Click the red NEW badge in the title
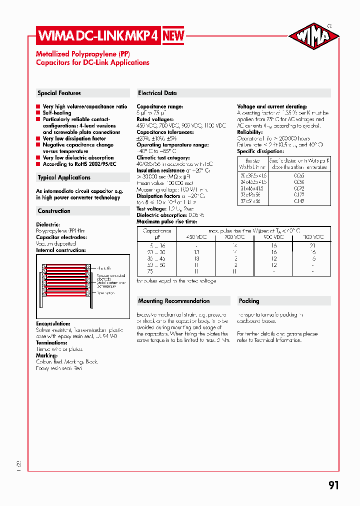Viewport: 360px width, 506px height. (x=173, y=35)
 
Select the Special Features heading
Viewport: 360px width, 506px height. (x=59, y=93)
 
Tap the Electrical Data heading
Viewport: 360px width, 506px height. (x=157, y=93)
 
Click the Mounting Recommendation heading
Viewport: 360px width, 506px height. (x=173, y=301)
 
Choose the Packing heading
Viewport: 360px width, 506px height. (x=249, y=301)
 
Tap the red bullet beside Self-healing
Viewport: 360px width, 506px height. (x=38, y=113)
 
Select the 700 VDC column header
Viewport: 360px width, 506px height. (x=234, y=237)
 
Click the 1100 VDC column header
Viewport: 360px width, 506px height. (x=312, y=237)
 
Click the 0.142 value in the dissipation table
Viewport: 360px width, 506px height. (x=299, y=201)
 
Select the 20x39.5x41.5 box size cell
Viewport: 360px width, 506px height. (x=253, y=176)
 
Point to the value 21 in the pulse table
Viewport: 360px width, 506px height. (x=312, y=245)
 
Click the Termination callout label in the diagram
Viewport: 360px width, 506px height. (x=106, y=293)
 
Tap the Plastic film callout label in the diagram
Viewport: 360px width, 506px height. (x=104, y=268)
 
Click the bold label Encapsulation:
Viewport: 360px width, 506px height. (x=53, y=323)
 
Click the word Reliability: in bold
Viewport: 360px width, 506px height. (x=250, y=132)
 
